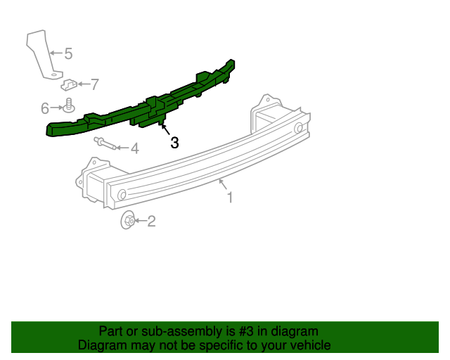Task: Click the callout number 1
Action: [x=229, y=198]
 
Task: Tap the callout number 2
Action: [x=151, y=222]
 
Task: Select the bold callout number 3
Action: [x=174, y=142]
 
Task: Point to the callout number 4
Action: [x=134, y=148]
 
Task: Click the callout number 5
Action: [x=68, y=53]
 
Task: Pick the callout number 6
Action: [x=45, y=108]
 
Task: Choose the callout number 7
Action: [x=94, y=84]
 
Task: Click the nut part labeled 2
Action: [x=129, y=221]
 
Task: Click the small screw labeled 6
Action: [x=69, y=106]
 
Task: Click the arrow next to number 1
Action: [x=223, y=186]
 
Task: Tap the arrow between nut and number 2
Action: [x=141, y=222]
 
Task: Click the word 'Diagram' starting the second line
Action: [x=102, y=345]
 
